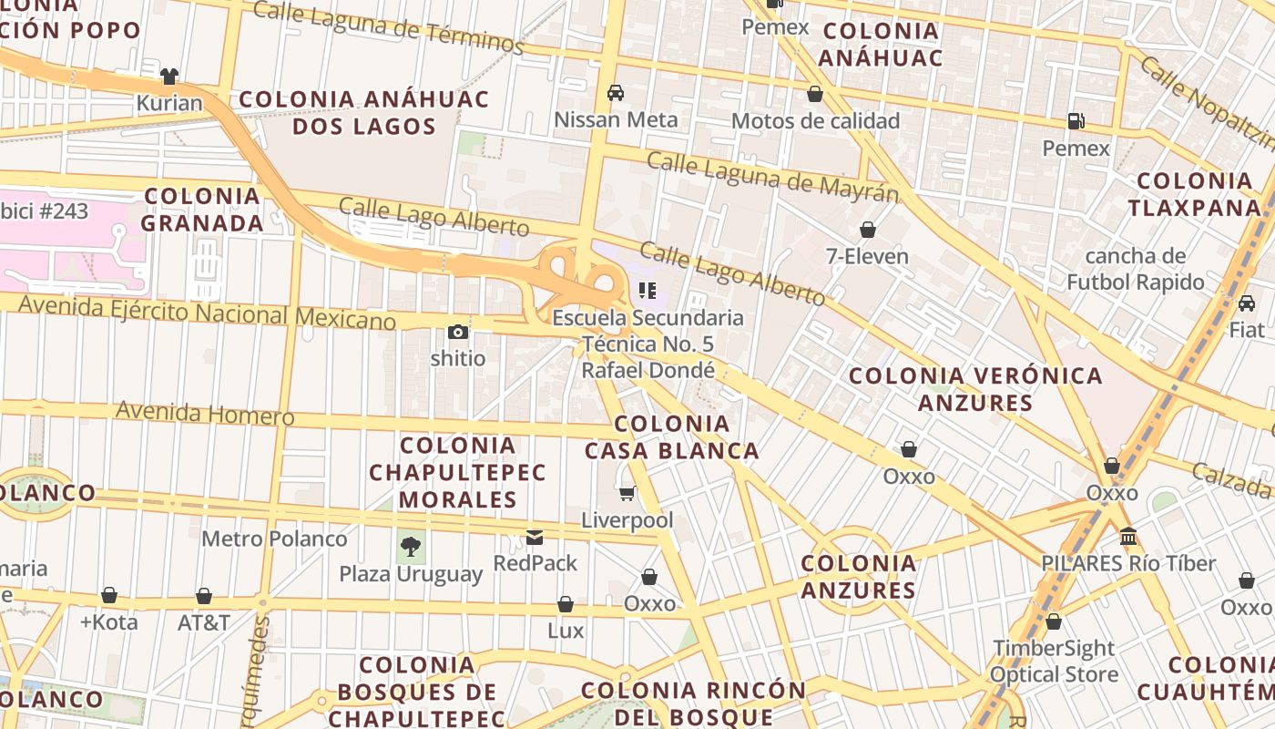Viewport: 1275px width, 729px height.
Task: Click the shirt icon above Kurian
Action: point(169,77)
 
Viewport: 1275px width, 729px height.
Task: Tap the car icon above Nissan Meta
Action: point(616,93)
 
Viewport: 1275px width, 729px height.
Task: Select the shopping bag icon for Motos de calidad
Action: point(815,94)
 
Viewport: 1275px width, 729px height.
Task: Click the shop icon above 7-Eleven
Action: point(867,230)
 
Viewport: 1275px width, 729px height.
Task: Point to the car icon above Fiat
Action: point(1247,303)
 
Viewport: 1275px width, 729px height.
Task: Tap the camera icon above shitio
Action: point(458,333)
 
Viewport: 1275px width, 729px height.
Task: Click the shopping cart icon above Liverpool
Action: point(627,494)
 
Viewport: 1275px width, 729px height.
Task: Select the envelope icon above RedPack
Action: point(535,538)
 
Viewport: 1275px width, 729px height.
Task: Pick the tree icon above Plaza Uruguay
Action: point(411,547)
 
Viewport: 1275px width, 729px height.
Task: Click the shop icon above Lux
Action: point(566,604)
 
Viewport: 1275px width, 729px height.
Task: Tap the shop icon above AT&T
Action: point(204,596)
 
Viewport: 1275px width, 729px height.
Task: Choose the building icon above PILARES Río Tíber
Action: point(1128,536)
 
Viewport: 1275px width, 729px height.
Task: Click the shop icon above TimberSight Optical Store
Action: point(1054,621)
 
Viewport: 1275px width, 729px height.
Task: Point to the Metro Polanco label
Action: point(274,539)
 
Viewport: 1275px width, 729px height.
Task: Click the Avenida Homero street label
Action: point(205,414)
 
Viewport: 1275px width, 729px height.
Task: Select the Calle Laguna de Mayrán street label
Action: point(772,177)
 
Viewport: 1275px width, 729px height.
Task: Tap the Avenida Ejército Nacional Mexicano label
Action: point(208,313)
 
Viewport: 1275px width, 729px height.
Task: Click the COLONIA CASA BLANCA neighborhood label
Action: point(672,437)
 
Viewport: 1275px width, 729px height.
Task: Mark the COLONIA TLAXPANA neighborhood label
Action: point(1194,194)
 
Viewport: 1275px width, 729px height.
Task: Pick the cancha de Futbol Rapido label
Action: point(1135,269)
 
